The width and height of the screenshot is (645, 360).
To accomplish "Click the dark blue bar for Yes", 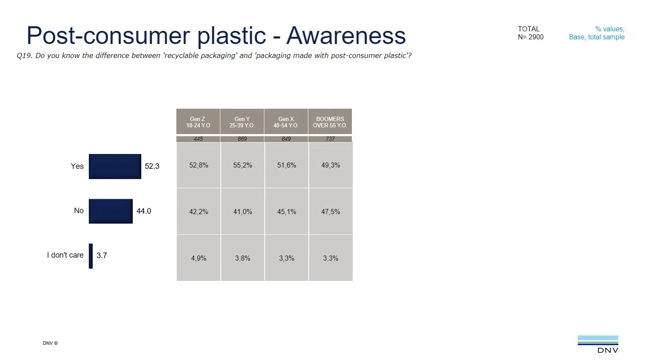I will (115, 166).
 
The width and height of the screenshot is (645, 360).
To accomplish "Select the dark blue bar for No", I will (110, 211).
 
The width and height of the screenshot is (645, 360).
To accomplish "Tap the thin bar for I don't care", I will (91, 256).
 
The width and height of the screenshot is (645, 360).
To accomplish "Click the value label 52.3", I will (152, 166).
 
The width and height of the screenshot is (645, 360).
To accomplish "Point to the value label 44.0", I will (143, 211).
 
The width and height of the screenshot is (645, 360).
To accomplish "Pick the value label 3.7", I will (102, 256).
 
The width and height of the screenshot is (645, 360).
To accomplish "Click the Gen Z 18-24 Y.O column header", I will (198, 122).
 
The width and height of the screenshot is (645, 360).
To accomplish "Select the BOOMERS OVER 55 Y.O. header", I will (330, 122).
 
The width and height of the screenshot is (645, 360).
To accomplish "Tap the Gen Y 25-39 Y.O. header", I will (242, 122).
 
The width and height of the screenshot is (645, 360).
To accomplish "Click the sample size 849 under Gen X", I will (286, 139).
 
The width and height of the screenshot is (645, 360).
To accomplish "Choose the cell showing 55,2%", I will (242, 165).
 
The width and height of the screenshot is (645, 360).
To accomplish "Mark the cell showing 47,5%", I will (330, 212).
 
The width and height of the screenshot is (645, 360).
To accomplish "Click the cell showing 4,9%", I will (198, 258).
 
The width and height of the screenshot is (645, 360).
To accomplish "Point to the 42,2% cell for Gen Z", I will (198, 212).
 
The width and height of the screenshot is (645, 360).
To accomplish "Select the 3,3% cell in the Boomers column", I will (330, 258).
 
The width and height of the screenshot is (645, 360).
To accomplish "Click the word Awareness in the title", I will (346, 36).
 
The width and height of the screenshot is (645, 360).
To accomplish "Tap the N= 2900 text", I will (530, 37).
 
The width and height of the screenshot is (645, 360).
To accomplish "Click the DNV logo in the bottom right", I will (598, 344).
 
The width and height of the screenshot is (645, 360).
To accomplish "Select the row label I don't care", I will (65, 255).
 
